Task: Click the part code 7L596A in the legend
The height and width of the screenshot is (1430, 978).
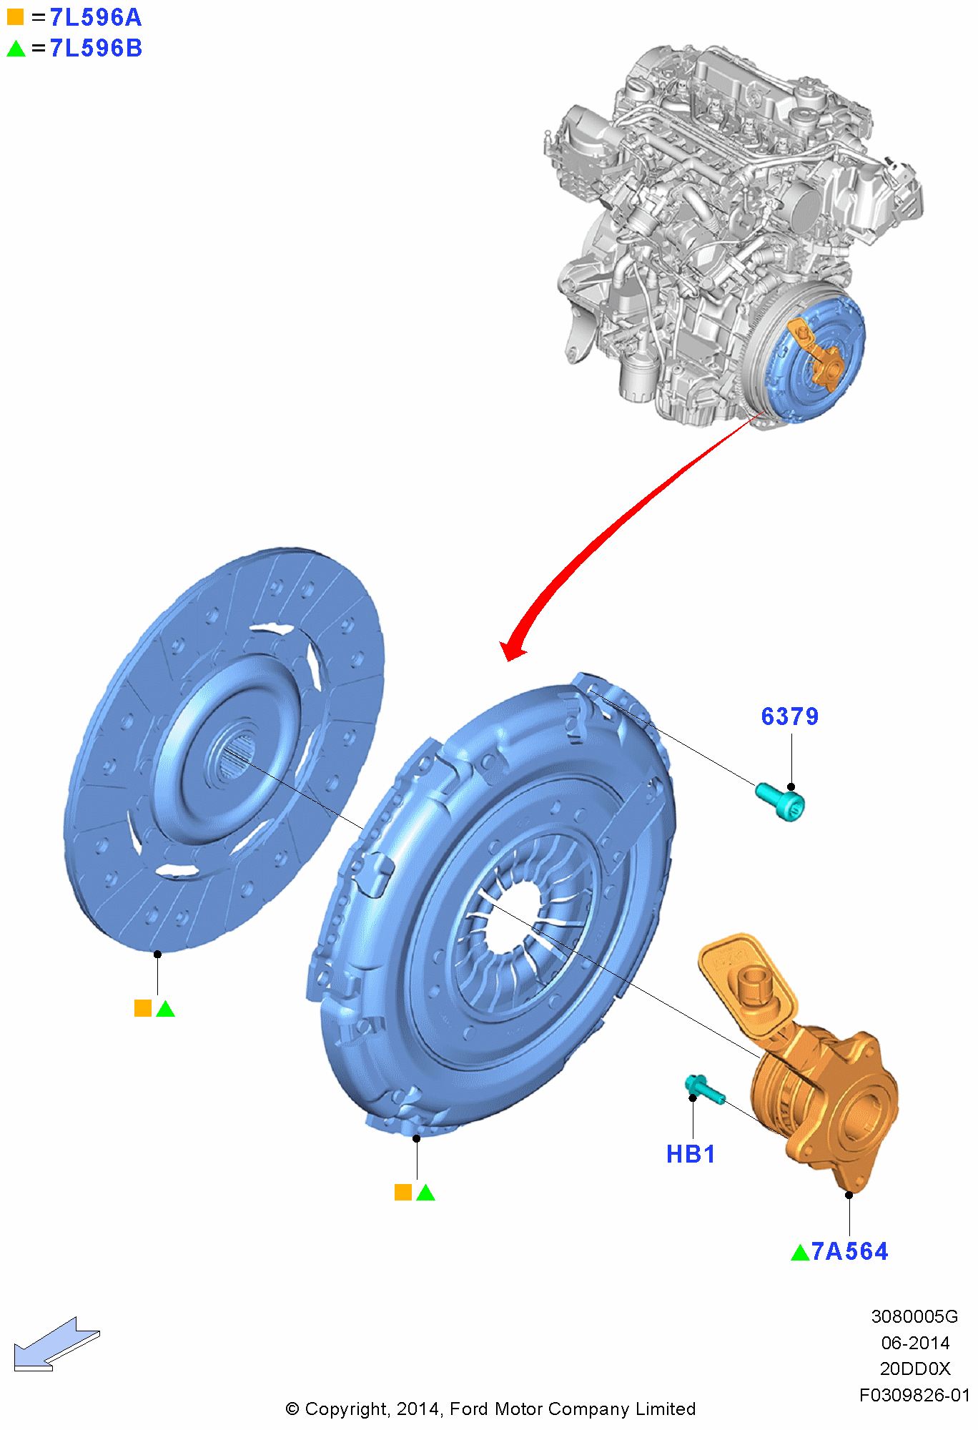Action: (x=95, y=17)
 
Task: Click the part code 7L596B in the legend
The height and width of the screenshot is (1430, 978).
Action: (x=95, y=49)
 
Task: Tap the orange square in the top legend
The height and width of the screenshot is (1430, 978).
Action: (x=15, y=16)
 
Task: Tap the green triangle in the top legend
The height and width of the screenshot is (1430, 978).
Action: (x=16, y=49)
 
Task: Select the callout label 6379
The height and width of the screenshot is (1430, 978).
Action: (x=789, y=716)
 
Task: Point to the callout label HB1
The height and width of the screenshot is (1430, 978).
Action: (x=691, y=1154)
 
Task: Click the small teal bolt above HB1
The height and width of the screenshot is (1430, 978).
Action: (x=704, y=1089)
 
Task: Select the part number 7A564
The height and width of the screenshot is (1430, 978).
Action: (x=849, y=1251)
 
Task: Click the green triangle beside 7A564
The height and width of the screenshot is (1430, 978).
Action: (x=800, y=1253)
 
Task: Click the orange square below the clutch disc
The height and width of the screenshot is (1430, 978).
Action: (x=143, y=1008)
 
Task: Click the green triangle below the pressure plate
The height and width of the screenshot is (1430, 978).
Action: (x=426, y=1193)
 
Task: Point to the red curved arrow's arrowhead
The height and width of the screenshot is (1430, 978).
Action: (x=513, y=649)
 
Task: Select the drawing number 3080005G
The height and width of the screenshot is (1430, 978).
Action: (x=914, y=1316)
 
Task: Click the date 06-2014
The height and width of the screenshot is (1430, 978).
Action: (x=915, y=1343)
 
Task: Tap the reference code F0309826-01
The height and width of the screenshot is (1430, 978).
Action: (x=914, y=1395)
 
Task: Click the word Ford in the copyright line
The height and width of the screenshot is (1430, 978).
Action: (x=470, y=1409)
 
